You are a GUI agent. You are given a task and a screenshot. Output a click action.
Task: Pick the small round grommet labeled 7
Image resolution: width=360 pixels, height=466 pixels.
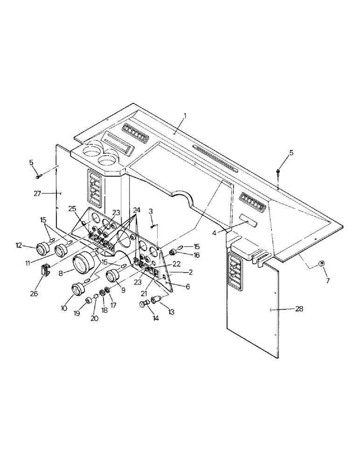point(321,264)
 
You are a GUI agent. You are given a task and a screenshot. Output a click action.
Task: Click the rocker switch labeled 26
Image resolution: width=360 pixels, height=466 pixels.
point(46,269)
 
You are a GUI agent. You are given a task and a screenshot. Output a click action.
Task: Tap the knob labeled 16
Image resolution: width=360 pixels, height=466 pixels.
point(173,252)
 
